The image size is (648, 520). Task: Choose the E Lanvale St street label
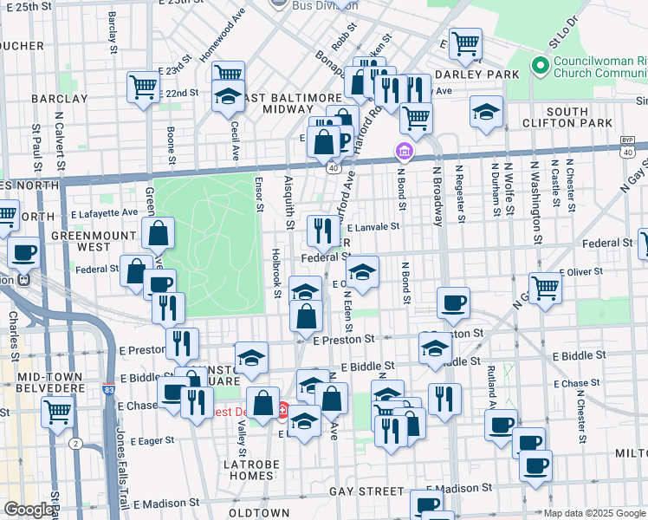(373, 226)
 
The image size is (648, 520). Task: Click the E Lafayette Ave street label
(104, 212)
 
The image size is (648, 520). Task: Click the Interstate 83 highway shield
(108, 391)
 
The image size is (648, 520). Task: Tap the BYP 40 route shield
(628, 146)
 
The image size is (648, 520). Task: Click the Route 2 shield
(76, 444)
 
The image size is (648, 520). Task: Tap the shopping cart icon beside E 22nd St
(143, 86)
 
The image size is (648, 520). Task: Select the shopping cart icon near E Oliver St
(544, 287)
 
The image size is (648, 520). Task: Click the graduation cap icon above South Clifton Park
(486, 111)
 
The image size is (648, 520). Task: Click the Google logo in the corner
(28, 510)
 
